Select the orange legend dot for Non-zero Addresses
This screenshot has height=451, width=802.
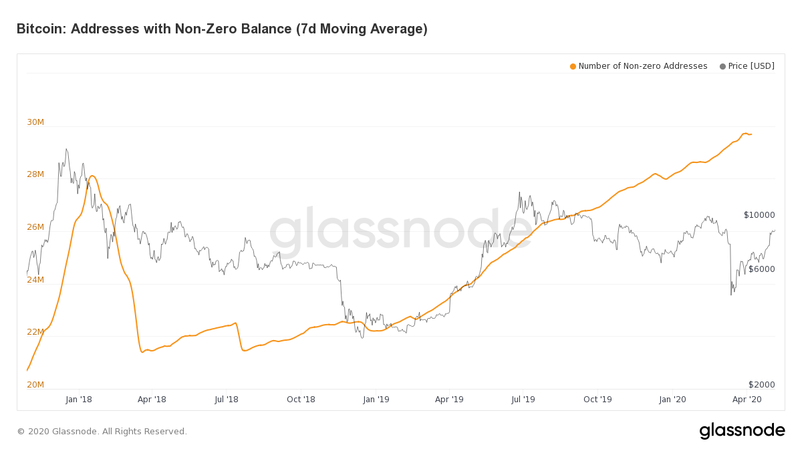(x=573, y=66)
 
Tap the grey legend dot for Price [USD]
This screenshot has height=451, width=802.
(x=722, y=66)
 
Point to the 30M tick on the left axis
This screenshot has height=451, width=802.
(x=35, y=122)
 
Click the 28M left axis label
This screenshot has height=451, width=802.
(x=35, y=174)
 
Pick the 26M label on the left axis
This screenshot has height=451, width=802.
(x=35, y=227)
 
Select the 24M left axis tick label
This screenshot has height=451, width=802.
(x=35, y=279)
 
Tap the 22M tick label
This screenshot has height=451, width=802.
(x=35, y=332)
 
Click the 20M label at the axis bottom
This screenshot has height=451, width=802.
(x=35, y=384)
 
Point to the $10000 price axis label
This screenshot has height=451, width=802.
(x=759, y=215)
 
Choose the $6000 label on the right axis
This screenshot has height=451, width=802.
(x=761, y=269)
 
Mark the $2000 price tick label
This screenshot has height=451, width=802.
(x=761, y=385)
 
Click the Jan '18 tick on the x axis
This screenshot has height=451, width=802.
(x=79, y=400)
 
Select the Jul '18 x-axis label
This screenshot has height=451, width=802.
(x=227, y=400)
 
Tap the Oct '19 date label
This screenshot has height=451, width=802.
(x=597, y=400)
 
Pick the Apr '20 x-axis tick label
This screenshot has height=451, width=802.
(x=747, y=400)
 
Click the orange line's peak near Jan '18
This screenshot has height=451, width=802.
(x=92, y=176)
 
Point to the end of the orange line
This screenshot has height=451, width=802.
(x=751, y=134)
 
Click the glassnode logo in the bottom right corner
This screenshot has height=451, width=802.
(x=742, y=431)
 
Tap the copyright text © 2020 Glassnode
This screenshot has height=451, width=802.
(x=102, y=432)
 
